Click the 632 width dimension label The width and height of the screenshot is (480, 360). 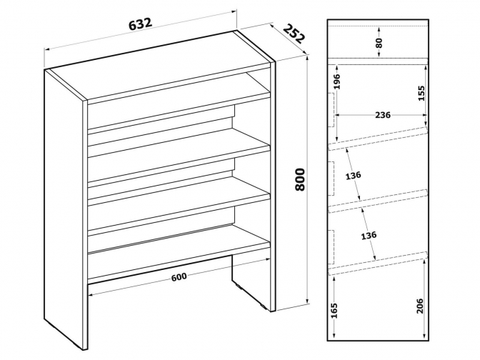point(140,24)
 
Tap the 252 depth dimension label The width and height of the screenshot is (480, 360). point(294,34)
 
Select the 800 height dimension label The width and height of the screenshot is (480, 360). point(300,179)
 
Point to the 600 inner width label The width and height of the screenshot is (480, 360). point(179,276)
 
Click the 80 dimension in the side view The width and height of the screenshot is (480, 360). point(379,43)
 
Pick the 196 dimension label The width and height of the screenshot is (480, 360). point(336,81)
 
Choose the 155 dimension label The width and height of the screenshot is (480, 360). point(421,93)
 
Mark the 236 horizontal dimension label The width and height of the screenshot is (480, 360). point(383,115)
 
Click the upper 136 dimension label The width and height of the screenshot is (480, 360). point(354,176)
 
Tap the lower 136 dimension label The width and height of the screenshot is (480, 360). point(369,236)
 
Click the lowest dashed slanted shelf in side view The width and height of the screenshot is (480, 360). point(377,264)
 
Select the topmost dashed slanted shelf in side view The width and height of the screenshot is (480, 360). point(377,139)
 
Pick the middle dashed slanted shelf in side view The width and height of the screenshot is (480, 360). point(377,201)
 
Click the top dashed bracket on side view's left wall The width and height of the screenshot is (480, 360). point(332,110)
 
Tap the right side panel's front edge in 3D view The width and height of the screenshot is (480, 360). point(274,186)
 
